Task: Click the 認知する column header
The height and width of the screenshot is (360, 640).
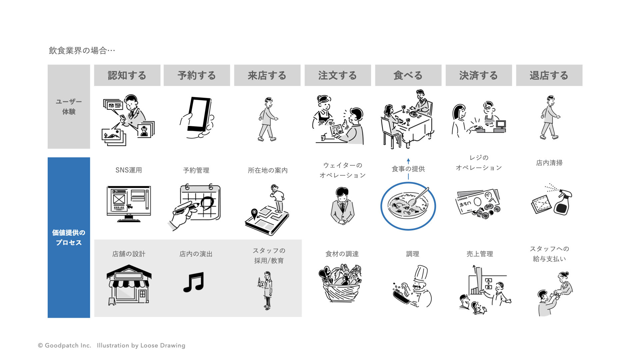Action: tap(127, 75)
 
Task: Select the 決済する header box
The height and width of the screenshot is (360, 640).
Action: tap(479, 75)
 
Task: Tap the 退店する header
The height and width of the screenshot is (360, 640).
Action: tap(549, 75)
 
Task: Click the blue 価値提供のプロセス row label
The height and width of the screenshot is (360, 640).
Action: tap(69, 237)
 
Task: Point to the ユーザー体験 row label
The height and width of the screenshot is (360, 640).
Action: tap(69, 107)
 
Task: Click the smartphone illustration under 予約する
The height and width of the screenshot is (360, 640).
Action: tap(199, 115)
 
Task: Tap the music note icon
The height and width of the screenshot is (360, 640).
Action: tap(194, 282)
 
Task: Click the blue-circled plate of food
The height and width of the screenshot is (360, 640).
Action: tap(408, 206)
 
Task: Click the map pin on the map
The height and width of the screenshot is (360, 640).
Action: tap(254, 213)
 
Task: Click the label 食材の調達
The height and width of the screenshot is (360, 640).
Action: tap(342, 254)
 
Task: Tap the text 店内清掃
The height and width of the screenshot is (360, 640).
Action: tap(549, 163)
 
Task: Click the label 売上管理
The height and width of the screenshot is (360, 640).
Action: tap(480, 254)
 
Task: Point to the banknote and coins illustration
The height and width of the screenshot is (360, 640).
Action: tap(478, 204)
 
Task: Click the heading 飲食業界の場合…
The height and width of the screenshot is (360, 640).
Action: tap(82, 50)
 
